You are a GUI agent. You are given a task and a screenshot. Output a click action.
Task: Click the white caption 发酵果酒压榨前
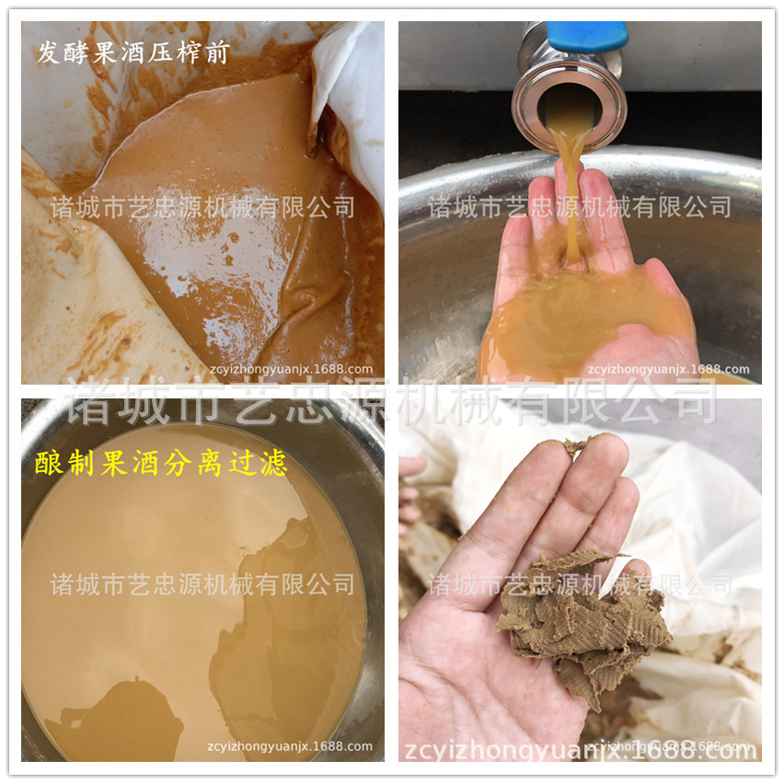133,52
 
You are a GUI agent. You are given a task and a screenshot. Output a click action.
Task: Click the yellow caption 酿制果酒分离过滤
162,464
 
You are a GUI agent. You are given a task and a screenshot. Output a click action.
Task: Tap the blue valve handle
586,37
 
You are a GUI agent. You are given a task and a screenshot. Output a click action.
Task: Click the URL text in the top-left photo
290,369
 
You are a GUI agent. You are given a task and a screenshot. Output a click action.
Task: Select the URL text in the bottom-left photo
290,746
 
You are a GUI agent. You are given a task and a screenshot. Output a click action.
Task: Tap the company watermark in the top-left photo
202,206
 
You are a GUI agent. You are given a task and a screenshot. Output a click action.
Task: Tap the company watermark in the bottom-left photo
202,583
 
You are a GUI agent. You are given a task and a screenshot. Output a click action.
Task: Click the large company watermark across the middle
391,401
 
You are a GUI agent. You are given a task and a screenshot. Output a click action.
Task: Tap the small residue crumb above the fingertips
575,446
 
